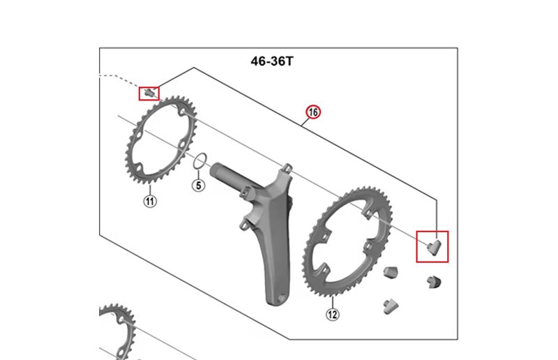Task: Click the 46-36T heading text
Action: (x=272, y=61)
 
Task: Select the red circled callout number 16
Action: (x=312, y=112)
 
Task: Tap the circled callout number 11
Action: (x=149, y=202)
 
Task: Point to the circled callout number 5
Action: (x=198, y=186)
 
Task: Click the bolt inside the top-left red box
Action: (x=148, y=92)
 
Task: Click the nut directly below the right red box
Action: (x=434, y=281)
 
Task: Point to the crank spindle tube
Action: (x=230, y=177)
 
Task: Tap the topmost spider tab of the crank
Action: (x=286, y=170)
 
